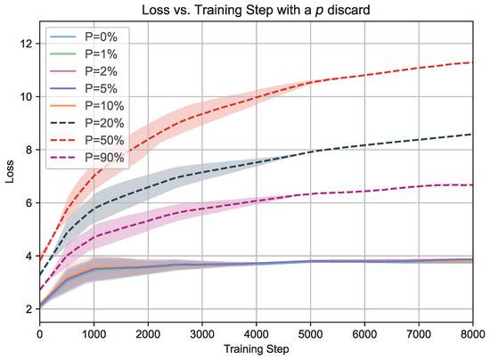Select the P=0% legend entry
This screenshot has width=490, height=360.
coord(84,37)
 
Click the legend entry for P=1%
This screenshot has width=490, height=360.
coord(84,54)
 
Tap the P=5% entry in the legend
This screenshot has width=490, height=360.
coord(84,88)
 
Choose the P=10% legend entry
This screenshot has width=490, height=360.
coord(87,106)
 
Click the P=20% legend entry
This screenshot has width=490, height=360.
coord(87,123)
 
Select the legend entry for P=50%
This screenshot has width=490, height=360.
coord(87,140)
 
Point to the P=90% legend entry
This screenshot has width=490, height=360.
coord(87,158)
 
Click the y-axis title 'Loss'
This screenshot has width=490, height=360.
coord(10,171)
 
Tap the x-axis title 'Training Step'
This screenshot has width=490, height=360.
coord(257,348)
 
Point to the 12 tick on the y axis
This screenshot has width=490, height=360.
coord(26,44)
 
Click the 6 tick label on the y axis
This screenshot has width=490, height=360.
coord(29,203)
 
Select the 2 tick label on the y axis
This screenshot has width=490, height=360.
coord(29,309)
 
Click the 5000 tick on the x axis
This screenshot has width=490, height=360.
coord(311,334)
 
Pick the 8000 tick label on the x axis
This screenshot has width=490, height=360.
coord(473,334)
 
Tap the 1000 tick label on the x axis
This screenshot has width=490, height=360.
coord(94,334)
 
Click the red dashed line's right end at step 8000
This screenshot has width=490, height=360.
coord(473,62)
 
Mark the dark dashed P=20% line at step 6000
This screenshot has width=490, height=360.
coord(364,145)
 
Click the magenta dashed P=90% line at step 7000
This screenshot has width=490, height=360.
coord(419,186)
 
